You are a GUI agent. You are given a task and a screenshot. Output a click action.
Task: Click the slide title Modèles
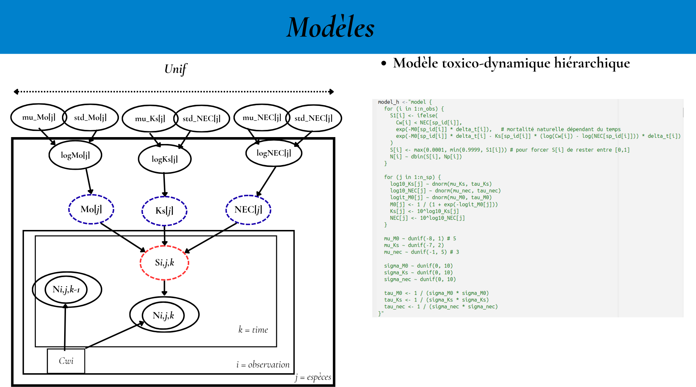tap(330, 27)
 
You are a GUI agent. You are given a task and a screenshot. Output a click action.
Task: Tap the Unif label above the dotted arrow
tap(175, 69)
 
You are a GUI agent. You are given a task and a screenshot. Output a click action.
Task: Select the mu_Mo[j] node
tap(38, 117)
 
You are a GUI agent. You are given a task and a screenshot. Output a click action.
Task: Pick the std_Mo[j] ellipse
tap(90, 118)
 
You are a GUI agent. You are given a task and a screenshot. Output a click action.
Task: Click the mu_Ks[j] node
tap(150, 119)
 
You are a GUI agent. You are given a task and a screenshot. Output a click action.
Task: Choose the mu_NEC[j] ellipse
tap(262, 118)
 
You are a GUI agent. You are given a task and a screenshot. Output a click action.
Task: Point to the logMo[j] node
tap(75, 155)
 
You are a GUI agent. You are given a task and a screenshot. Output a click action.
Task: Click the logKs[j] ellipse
tap(165, 159)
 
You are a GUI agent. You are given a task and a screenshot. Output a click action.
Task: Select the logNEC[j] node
tap(274, 153)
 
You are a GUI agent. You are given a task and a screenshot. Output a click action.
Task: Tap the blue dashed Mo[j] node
tap(91, 209)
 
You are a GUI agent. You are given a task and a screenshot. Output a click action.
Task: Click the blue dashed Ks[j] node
tap(164, 211)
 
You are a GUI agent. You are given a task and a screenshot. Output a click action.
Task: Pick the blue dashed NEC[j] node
tap(248, 210)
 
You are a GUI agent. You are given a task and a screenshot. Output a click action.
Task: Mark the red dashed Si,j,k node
tap(165, 263)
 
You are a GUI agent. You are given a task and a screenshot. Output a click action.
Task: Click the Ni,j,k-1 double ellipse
tap(66, 289)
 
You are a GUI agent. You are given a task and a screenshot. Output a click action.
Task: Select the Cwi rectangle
tap(66, 361)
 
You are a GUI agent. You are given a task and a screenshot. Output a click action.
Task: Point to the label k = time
tap(253, 330)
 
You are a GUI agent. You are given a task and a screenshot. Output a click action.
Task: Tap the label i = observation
tap(263, 365)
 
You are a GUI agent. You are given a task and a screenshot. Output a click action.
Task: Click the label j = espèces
tap(313, 377)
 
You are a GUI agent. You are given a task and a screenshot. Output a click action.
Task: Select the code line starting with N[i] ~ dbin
tap(426, 157)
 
